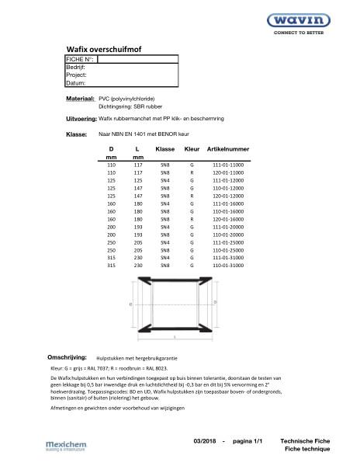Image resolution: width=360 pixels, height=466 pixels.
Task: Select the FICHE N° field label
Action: click(x=79, y=58)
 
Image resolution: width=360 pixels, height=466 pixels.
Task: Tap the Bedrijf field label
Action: click(x=76, y=67)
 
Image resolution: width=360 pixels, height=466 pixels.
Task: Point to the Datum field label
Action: click(x=75, y=82)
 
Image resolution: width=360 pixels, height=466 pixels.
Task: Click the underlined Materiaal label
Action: click(x=80, y=100)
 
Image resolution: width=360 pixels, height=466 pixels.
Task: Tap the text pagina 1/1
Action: click(x=249, y=440)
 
